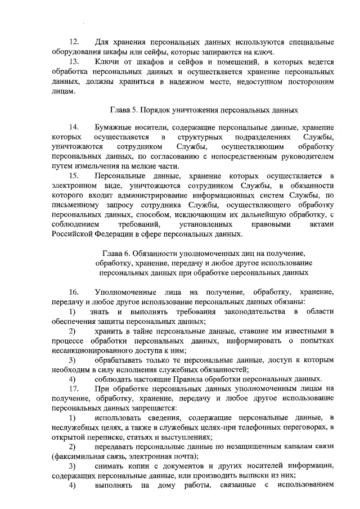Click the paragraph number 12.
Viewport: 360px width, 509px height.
coord(74,42)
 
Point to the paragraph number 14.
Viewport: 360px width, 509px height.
coord(74,127)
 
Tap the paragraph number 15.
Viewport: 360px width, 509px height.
coord(74,176)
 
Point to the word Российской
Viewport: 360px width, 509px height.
coord(71,234)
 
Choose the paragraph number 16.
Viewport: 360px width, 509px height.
coord(74,292)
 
